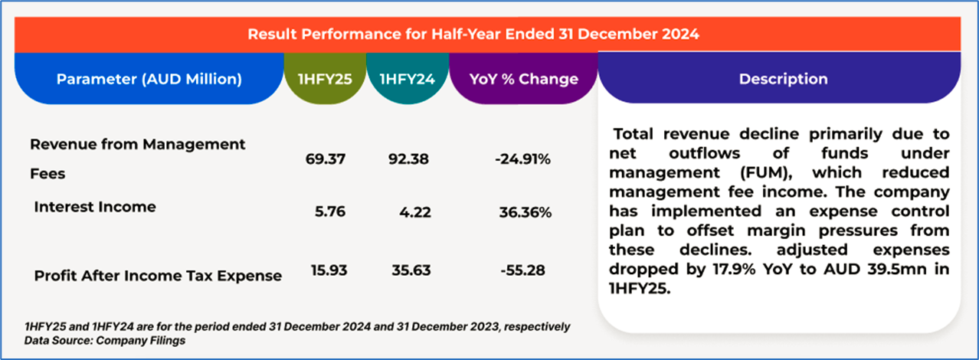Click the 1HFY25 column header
324,79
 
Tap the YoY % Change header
524,79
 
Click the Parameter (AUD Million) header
149,79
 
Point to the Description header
783,79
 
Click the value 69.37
325,159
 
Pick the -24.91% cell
523,159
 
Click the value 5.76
330,212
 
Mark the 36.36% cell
526,212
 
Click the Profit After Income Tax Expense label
158,276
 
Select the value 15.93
325,270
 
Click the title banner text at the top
473,34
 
